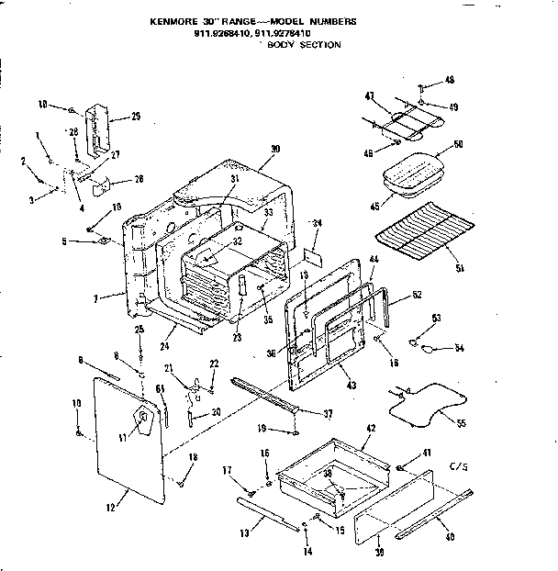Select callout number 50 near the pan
(x=458, y=145)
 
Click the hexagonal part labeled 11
(x=142, y=420)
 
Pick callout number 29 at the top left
(x=135, y=116)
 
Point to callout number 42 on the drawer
(x=371, y=428)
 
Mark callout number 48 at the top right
(x=449, y=80)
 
